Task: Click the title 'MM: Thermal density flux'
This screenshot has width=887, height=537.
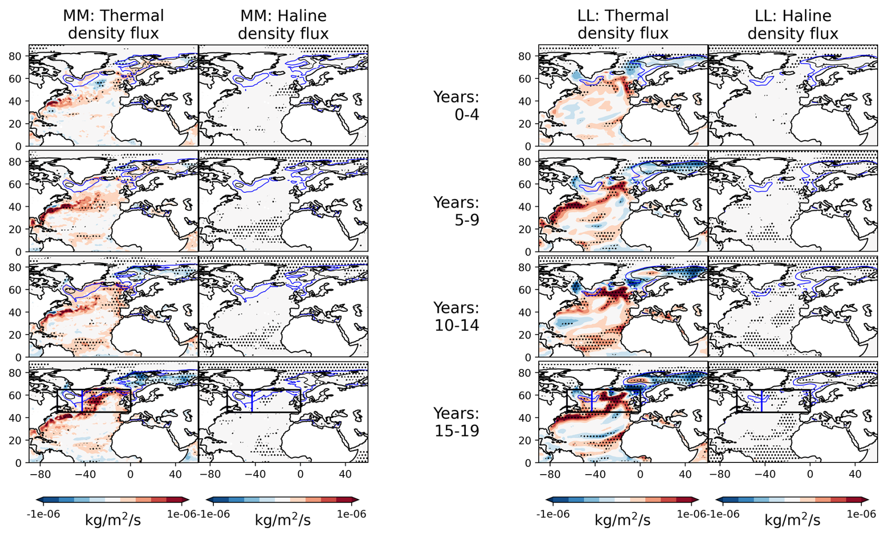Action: pos(113,24)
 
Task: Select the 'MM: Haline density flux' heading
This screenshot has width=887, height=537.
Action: pos(283,24)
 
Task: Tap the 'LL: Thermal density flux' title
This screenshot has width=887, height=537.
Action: pos(623,24)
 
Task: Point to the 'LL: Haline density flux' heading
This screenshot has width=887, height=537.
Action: pos(793,24)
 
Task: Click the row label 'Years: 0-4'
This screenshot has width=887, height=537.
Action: pos(456,106)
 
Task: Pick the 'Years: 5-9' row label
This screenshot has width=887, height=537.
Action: pos(456,211)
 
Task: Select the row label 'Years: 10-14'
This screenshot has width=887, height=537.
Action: pos(456,317)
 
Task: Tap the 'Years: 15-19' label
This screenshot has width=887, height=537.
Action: pos(456,422)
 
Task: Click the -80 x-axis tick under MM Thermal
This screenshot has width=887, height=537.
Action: pos(40,474)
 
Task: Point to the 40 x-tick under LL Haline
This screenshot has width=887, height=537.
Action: pos(855,474)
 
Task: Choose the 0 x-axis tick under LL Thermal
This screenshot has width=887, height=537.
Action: pos(640,474)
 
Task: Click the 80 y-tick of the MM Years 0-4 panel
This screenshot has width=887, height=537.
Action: pos(15,56)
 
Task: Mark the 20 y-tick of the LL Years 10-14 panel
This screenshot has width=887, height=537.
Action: pos(525,335)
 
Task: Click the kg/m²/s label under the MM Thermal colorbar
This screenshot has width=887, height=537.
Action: pos(113,520)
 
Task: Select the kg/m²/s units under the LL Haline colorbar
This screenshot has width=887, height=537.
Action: pos(792,520)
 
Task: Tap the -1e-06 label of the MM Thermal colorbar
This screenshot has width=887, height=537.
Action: pos(44,514)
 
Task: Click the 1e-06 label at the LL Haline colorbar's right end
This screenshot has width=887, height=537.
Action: pos(861,514)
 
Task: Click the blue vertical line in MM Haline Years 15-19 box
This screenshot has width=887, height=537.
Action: pos(252,401)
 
